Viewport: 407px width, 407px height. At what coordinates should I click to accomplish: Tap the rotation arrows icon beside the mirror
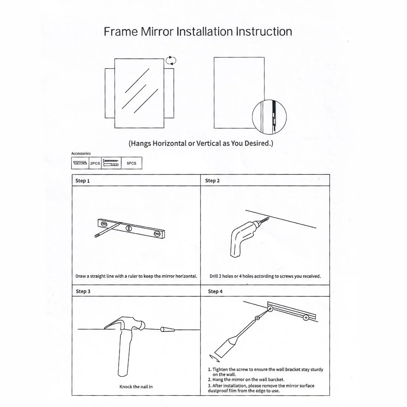tap(171, 60)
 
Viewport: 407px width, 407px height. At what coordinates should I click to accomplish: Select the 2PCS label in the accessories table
tap(95, 163)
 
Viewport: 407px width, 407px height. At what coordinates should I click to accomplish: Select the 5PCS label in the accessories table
tap(132, 163)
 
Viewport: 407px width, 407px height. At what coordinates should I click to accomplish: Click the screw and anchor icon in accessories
tap(111, 163)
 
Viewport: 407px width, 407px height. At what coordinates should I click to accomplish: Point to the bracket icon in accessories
tap(80, 163)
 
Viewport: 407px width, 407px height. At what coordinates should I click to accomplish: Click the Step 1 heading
tap(83, 181)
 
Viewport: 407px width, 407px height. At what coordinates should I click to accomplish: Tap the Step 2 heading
tap(212, 181)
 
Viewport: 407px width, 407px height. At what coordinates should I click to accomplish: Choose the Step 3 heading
tap(83, 291)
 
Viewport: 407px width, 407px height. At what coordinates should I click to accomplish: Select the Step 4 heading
tap(215, 291)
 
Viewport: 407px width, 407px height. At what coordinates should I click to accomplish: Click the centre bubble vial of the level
tap(129, 228)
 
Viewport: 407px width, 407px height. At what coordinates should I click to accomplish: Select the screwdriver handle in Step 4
tap(226, 344)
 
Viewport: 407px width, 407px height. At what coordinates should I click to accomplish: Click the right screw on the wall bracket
tap(306, 318)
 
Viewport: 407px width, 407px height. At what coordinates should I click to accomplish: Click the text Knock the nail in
tap(136, 387)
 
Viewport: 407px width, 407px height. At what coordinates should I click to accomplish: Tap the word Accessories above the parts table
tap(81, 153)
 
